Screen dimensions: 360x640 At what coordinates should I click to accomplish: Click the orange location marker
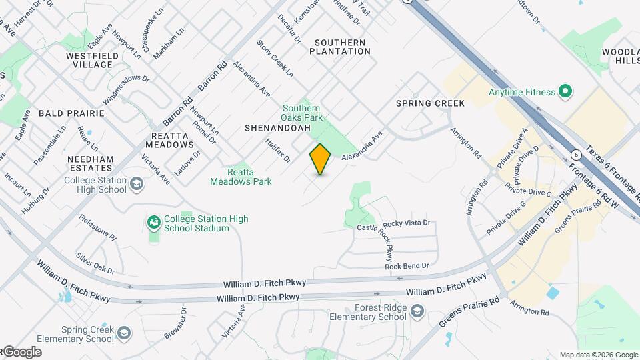tap(321, 159)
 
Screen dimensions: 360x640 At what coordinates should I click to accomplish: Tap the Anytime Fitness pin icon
tap(565, 92)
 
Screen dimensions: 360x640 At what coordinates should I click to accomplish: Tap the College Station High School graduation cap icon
tap(137, 183)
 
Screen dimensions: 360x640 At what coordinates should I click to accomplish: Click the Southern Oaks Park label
tap(301, 113)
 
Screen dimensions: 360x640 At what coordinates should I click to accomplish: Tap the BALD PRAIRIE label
tap(71, 113)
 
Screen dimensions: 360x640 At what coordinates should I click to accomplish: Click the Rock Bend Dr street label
tap(407, 266)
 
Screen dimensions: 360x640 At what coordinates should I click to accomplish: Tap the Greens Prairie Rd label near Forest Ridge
tap(469, 311)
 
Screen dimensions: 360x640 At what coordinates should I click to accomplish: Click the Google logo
tap(22, 352)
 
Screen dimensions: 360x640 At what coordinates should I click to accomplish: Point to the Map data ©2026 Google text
tap(598, 355)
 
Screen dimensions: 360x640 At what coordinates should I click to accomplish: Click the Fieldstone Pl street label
tap(97, 227)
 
